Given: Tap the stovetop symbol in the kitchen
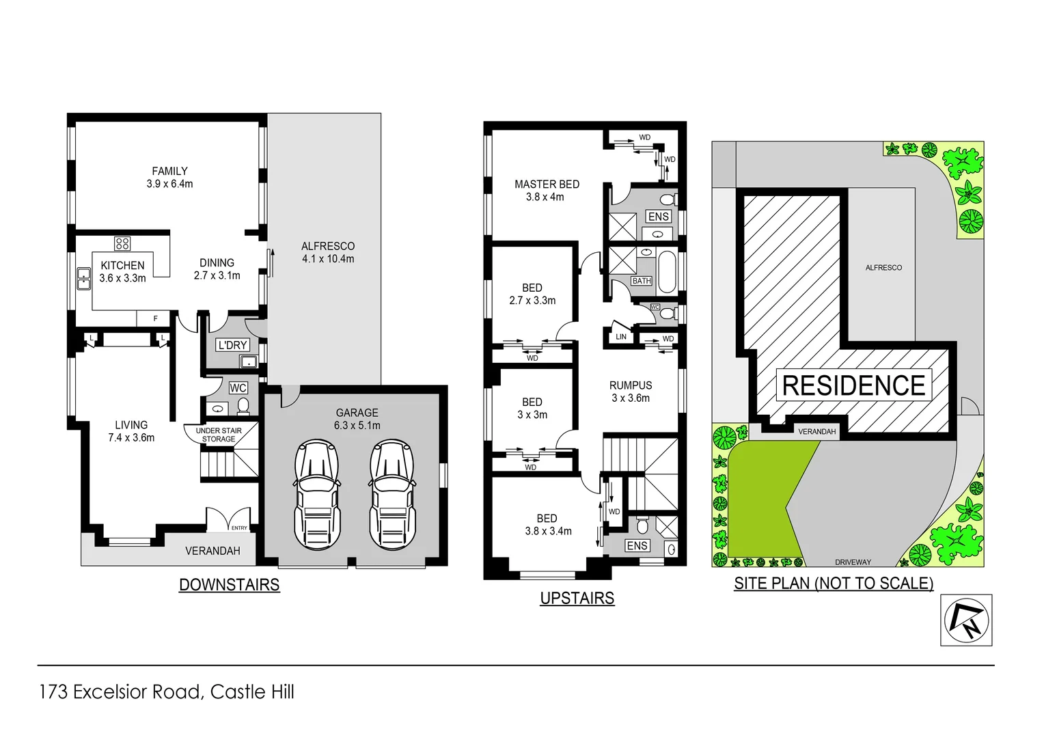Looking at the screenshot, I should click(x=122, y=243).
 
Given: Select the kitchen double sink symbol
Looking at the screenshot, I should click(x=83, y=279).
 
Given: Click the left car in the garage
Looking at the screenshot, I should click(x=316, y=495).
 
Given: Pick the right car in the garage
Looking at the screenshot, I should click(x=392, y=495).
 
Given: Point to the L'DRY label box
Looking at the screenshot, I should click(x=232, y=345).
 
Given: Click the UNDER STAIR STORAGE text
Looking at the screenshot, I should click(x=219, y=435).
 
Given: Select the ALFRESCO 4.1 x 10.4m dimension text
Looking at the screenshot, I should click(x=328, y=259).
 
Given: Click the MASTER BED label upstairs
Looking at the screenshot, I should click(x=547, y=184).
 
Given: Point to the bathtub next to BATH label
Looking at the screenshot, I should click(x=667, y=272).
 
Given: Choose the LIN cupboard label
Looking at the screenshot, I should click(x=620, y=337).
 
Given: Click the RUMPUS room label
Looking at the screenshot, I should click(x=631, y=385).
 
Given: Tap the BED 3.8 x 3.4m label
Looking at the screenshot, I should click(x=547, y=525).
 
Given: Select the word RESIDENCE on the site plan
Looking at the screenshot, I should click(x=853, y=386).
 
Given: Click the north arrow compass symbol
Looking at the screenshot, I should click(x=966, y=620).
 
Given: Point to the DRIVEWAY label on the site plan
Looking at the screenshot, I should click(x=853, y=562).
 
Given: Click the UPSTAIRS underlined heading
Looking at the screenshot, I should click(x=577, y=599).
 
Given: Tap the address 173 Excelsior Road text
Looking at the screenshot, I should click(x=167, y=692).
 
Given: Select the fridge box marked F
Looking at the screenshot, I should click(x=155, y=318).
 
